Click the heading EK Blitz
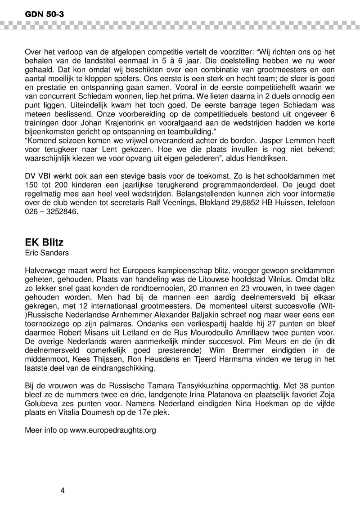(x=44, y=242)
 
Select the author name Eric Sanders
(x=47, y=253)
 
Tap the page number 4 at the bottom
(x=63, y=490)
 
